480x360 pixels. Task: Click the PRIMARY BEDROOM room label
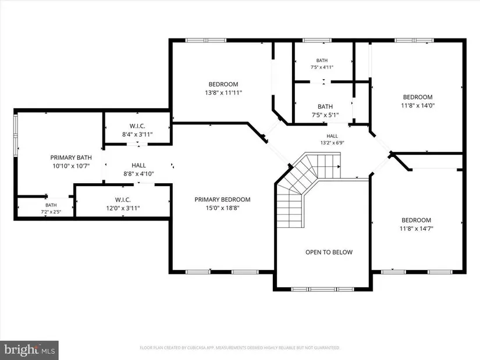(x=223, y=199)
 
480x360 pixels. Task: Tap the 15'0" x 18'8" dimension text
(x=223, y=208)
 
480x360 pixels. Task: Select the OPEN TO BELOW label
(x=329, y=252)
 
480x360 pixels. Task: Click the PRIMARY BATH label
(x=71, y=158)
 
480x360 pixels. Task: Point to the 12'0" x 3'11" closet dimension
(x=123, y=208)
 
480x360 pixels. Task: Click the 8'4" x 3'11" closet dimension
(x=137, y=134)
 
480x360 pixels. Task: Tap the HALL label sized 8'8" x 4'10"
(x=138, y=165)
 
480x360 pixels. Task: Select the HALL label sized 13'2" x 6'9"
(x=332, y=136)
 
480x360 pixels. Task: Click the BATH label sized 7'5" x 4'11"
(x=322, y=60)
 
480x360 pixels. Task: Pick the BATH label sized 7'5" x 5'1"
(x=325, y=106)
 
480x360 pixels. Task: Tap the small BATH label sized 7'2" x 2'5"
(x=51, y=205)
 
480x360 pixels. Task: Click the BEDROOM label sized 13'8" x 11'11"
(x=223, y=84)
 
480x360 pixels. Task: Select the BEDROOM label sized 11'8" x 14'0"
(x=418, y=97)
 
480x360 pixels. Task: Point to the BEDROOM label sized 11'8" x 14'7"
(x=417, y=220)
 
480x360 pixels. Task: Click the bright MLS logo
(x=30, y=350)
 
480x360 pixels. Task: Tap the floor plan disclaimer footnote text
(x=240, y=348)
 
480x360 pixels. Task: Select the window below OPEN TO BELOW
(x=323, y=289)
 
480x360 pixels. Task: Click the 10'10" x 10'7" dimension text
(x=71, y=166)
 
